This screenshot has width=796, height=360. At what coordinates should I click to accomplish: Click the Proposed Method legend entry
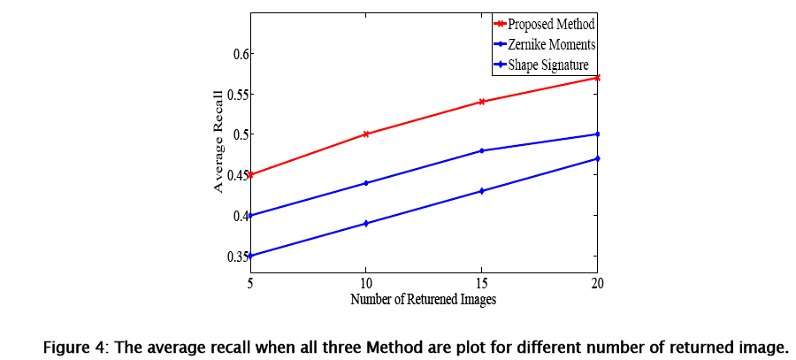coord(545,24)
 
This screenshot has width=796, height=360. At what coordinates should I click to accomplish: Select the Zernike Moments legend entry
coord(543,43)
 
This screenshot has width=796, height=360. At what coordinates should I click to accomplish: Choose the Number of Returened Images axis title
coord(423,299)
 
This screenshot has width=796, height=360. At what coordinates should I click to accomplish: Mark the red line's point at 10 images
coord(365,134)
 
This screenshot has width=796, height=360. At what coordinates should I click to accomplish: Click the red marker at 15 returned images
coord(481,102)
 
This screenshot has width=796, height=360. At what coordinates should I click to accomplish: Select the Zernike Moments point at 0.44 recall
coord(365,183)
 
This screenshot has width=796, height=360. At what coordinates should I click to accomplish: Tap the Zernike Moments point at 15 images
coord(481,150)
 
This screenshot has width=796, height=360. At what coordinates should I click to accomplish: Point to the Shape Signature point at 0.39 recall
coord(365,224)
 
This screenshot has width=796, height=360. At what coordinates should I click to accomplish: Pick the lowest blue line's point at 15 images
coord(481,191)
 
